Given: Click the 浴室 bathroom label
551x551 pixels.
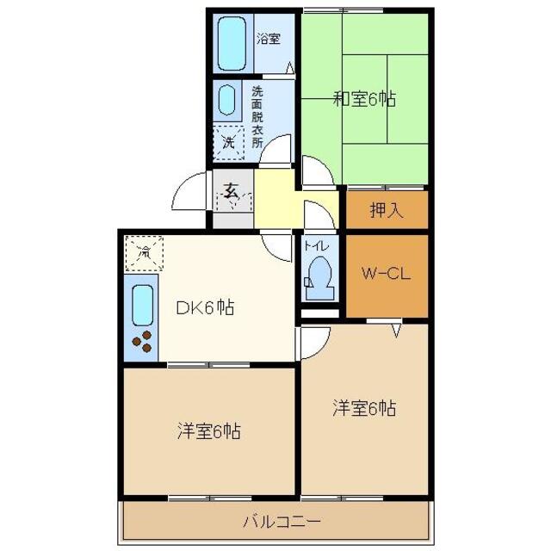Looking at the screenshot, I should [x=268, y=38].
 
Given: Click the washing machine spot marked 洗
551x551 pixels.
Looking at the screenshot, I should [x=228, y=141].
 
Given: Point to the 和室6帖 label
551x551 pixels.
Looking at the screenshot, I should [x=364, y=99].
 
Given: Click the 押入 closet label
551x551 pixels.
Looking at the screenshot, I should [x=386, y=210].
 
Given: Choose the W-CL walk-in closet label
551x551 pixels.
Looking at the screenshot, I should [x=386, y=275].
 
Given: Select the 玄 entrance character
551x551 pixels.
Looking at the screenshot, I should [x=232, y=192].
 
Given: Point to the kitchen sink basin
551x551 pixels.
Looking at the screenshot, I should [x=142, y=304].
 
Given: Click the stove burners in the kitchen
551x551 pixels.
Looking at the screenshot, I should [x=143, y=341].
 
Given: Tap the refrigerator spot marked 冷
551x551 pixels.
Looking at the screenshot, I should [x=144, y=253].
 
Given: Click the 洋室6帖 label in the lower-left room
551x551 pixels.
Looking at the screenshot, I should [x=209, y=430].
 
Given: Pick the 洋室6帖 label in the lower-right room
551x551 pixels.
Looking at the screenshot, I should [x=364, y=407].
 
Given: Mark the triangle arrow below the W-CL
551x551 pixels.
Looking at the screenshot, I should [x=397, y=329].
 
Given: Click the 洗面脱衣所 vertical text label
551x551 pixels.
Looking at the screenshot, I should [x=257, y=115].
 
